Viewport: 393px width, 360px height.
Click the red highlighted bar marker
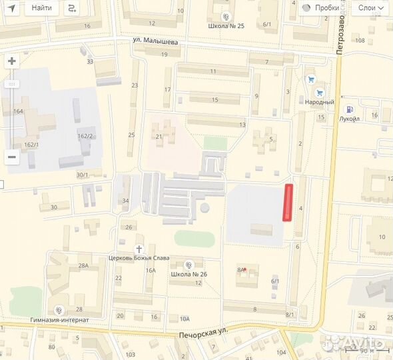(x=288, y=202)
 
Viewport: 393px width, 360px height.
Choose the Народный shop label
(x=320, y=102)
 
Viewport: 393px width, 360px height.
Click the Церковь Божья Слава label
(x=139, y=258)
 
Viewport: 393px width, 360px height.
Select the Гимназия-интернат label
(x=59, y=319)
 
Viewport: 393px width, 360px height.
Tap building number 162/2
(x=85, y=136)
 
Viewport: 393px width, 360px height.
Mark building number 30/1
(x=82, y=175)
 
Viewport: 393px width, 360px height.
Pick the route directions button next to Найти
(x=71, y=8)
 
